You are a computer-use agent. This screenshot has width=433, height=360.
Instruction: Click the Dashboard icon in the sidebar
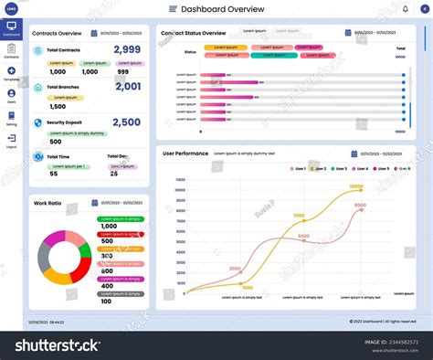click(x=11, y=26)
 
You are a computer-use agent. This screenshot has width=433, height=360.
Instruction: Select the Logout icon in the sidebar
click(x=11, y=139)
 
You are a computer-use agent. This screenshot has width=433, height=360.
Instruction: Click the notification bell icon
click(x=405, y=9)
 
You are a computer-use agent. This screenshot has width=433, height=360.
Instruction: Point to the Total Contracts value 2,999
click(x=127, y=50)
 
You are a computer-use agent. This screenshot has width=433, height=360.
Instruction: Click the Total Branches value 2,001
click(x=127, y=87)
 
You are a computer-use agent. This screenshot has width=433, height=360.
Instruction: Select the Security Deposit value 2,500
click(x=127, y=122)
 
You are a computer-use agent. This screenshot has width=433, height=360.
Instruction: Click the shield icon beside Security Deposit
click(x=37, y=122)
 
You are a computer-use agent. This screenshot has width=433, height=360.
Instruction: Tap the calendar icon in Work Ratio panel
click(x=96, y=203)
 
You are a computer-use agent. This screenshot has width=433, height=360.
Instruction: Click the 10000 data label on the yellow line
click(x=356, y=186)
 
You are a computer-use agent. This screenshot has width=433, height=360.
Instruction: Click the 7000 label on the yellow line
click(x=299, y=217)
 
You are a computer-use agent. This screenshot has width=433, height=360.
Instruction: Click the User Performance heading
click(x=185, y=154)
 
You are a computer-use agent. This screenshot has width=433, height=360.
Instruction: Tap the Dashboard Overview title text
click(x=223, y=9)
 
